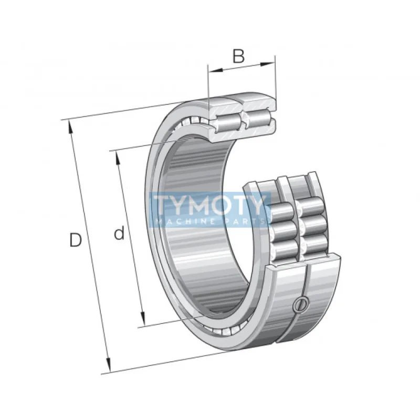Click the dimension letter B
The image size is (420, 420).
tap(238, 56)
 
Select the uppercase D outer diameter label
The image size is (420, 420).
tap(76, 240)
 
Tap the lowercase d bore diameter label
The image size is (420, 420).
tap(120, 233)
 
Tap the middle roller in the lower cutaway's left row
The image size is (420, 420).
tap(283, 229)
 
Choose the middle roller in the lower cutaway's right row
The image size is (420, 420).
tap(316, 227)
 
